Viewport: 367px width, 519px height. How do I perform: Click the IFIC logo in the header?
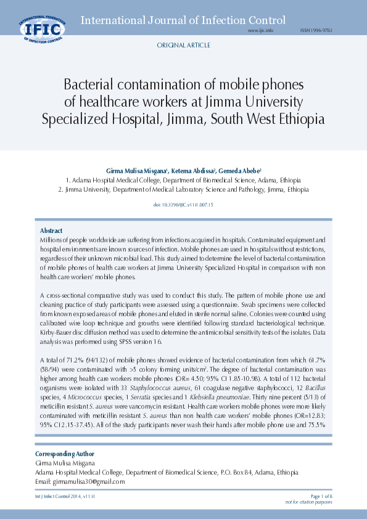click(x=42, y=28)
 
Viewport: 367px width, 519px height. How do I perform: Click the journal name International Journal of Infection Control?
click(x=183, y=20)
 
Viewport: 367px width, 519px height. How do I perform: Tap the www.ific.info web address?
click(x=260, y=30)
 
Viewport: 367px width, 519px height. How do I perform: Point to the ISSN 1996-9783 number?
click(x=316, y=30)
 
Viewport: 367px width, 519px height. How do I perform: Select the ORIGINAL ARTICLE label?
click(x=183, y=46)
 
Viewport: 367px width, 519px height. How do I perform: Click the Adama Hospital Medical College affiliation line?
click(x=183, y=180)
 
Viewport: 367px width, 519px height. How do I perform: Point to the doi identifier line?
click(x=183, y=204)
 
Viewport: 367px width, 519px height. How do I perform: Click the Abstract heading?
click(x=51, y=231)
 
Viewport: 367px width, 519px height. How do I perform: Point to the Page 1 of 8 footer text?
click(x=321, y=496)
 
